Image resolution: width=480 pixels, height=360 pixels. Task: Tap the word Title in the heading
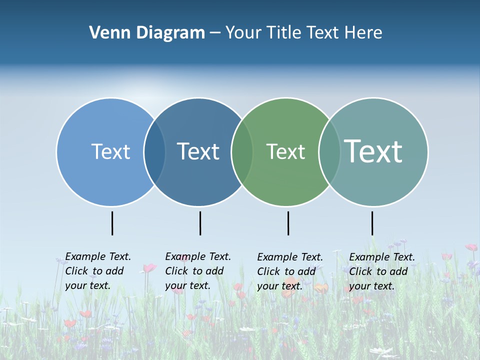[x=284, y=32]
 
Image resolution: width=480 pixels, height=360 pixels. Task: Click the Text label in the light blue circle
[x=110, y=151]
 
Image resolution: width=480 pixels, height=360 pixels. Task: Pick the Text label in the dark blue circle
[x=198, y=151]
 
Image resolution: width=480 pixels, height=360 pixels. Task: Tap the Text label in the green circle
[x=285, y=151]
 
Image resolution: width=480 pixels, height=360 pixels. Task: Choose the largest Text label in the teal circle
[x=373, y=151]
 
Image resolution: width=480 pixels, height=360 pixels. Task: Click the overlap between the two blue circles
[x=154, y=152]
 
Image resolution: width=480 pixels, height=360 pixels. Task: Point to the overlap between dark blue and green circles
[x=242, y=152]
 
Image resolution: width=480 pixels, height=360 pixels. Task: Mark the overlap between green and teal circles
[x=329, y=152]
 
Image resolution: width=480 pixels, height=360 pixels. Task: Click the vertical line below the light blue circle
[x=112, y=223]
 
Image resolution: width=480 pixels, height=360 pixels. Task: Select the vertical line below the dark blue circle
[x=200, y=223]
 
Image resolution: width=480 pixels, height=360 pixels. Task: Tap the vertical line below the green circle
[x=288, y=223]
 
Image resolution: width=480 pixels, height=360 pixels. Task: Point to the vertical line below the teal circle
[x=372, y=223]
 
